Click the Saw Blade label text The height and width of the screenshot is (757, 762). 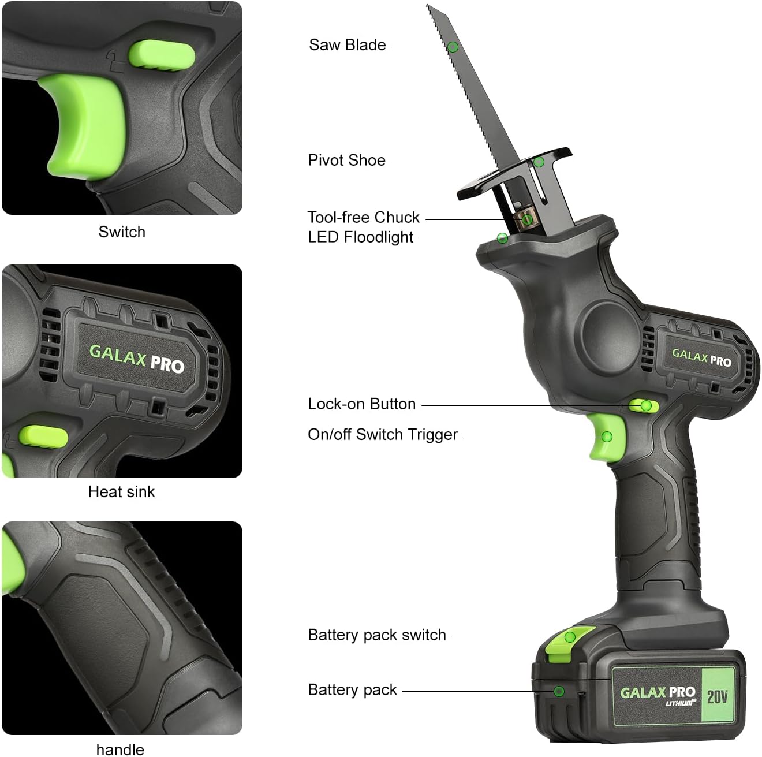347,45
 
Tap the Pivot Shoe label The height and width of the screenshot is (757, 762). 346,161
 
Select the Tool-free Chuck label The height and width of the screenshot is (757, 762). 363,218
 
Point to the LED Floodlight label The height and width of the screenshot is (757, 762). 360,237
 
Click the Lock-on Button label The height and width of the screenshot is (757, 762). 361,404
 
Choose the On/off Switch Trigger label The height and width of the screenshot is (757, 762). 382,435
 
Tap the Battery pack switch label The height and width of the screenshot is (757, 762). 376,635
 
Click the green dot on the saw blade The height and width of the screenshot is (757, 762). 453,47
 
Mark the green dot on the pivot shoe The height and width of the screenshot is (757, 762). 539,162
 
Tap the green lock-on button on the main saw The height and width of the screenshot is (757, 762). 643,405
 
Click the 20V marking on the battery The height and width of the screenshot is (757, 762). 717,696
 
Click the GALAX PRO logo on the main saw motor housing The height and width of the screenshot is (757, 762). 701,357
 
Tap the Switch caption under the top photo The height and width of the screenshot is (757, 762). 122,232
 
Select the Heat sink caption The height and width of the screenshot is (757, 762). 121,492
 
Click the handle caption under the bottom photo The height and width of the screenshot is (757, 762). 120,749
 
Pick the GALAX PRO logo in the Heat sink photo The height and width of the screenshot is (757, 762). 136,359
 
